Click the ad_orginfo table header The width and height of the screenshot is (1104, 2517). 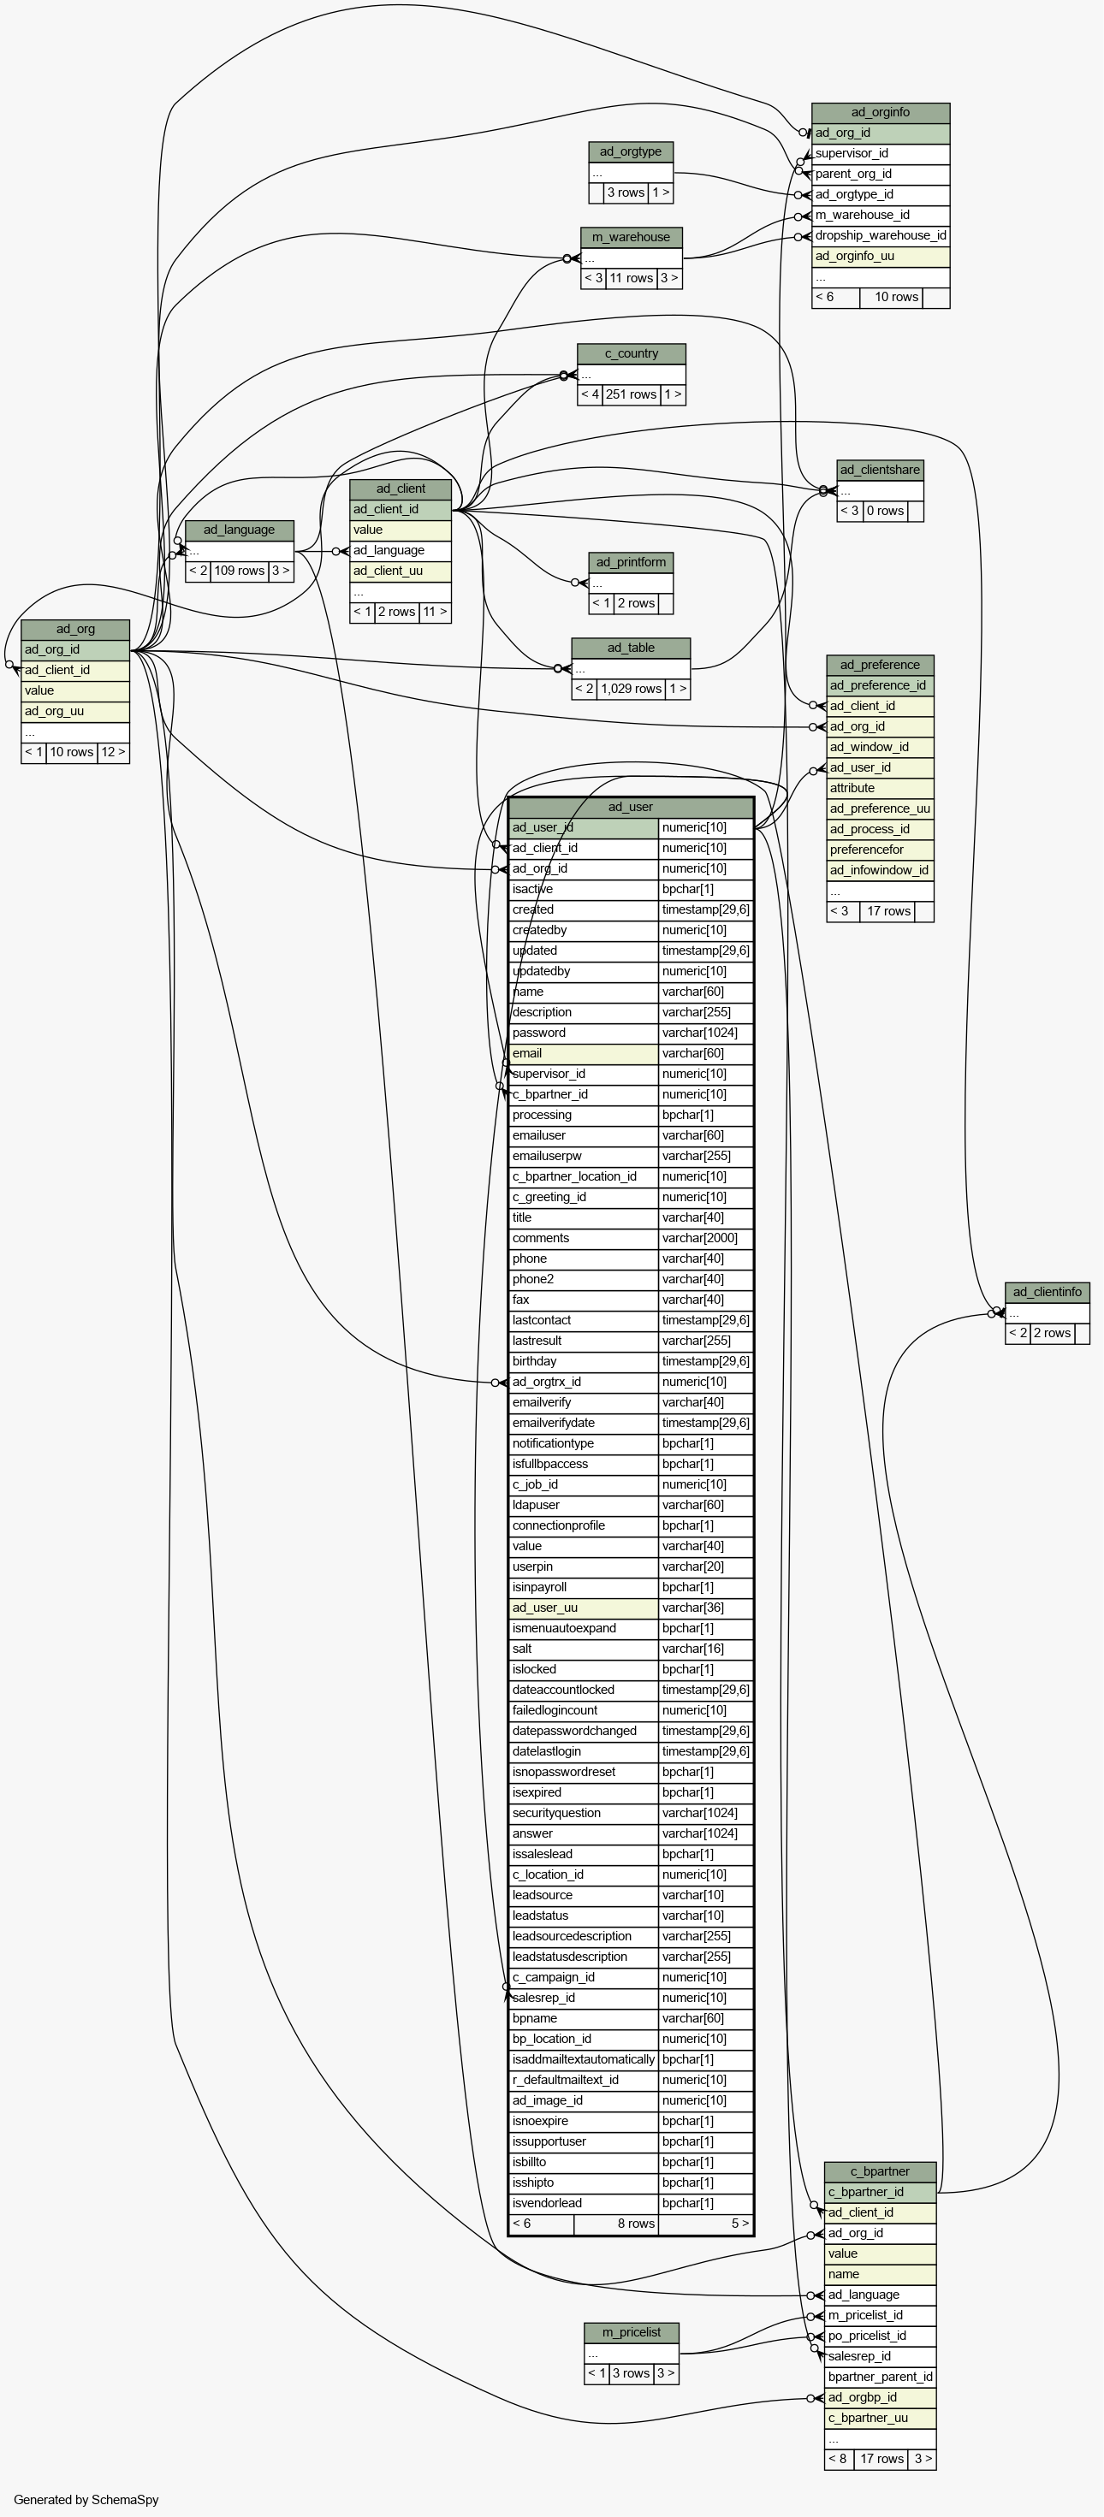[881, 112]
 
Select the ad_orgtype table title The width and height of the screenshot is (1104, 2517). [630, 151]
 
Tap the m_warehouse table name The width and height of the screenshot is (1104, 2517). [631, 238]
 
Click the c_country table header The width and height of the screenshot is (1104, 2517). [631, 353]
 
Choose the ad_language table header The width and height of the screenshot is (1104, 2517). [240, 530]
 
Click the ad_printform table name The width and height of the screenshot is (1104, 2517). [630, 562]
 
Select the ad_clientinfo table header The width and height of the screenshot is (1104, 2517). [1048, 1292]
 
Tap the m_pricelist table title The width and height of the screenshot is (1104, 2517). [631, 2332]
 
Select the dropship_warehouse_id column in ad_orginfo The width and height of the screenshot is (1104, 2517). [881, 235]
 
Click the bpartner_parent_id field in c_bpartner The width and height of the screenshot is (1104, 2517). [879, 2378]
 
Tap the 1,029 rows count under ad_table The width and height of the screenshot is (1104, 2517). [631, 689]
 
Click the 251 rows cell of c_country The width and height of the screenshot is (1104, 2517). [631, 394]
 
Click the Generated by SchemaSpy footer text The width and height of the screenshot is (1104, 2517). [86, 2499]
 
